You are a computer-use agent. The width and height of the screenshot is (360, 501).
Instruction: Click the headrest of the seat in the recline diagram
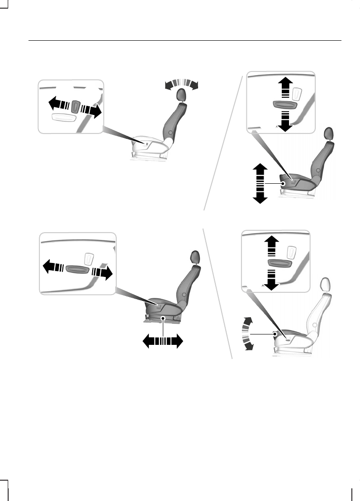(x=181, y=95)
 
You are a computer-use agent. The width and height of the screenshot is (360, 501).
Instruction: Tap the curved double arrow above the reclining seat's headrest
(x=182, y=84)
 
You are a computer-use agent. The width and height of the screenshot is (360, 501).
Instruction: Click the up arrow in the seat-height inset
(x=284, y=86)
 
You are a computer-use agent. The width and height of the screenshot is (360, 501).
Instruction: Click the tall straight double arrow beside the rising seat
(x=260, y=183)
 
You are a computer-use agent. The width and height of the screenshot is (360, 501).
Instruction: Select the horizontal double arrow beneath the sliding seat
(x=163, y=340)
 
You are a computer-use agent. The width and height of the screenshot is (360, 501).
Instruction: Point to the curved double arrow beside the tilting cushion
(x=246, y=334)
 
